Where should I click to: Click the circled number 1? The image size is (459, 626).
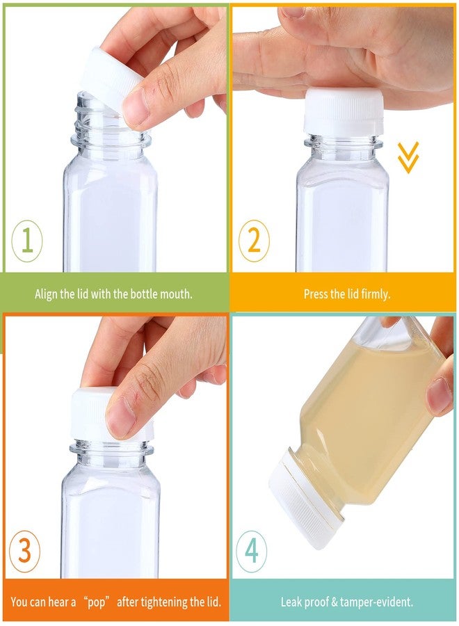point(26,241)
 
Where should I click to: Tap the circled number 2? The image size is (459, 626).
point(254,241)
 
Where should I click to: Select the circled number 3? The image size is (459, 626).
point(24,551)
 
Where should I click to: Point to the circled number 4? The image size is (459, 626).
point(252,551)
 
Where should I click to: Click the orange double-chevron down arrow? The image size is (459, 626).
point(408,157)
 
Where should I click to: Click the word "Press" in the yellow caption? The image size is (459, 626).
point(315,294)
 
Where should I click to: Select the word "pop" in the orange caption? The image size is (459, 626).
point(96,602)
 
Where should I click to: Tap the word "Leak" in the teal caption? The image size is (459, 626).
point(290,602)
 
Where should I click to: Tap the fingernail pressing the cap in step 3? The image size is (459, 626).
point(118,417)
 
